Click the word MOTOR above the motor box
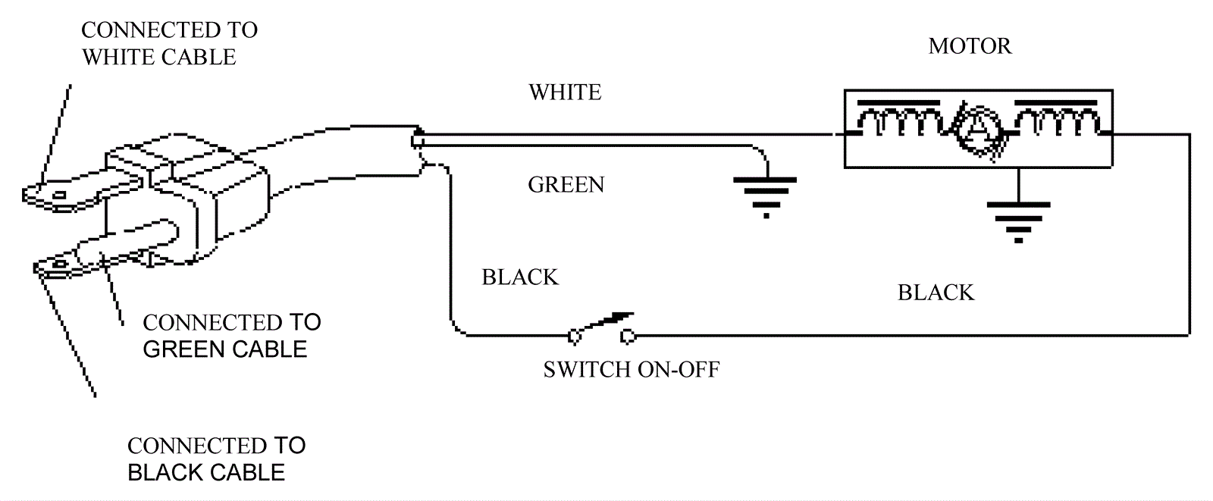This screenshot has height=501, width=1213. click(970, 46)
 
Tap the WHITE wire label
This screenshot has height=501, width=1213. click(565, 92)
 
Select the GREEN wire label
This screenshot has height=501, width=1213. click(566, 185)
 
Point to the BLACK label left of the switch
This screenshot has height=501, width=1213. click(520, 277)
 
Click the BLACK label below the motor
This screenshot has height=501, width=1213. click(936, 293)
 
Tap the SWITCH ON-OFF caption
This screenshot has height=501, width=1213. click(631, 370)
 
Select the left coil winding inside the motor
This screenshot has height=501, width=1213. click(898, 124)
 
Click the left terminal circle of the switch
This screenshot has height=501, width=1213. click(574, 334)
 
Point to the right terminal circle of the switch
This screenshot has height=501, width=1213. click(628, 334)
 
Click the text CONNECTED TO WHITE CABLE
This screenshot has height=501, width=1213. click(168, 43)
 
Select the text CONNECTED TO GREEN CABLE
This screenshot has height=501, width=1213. click(230, 336)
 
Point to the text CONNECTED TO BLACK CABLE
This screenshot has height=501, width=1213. click(215, 459)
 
